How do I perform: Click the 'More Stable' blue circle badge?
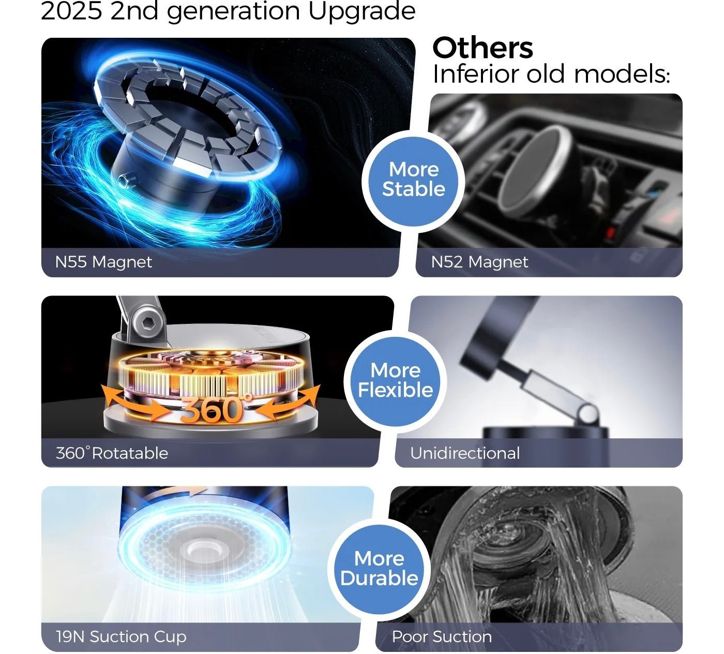click(x=413, y=181)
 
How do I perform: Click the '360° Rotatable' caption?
click(x=112, y=453)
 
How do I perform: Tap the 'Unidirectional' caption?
click(x=465, y=453)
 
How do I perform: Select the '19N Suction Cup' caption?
click(x=121, y=636)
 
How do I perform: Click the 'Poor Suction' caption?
click(x=442, y=636)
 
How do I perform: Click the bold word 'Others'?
click(x=482, y=48)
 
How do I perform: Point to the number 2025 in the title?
click(x=71, y=11)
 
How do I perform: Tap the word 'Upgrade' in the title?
click(x=361, y=12)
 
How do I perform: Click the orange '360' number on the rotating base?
click(x=211, y=410)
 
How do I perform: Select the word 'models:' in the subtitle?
click(x=622, y=74)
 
